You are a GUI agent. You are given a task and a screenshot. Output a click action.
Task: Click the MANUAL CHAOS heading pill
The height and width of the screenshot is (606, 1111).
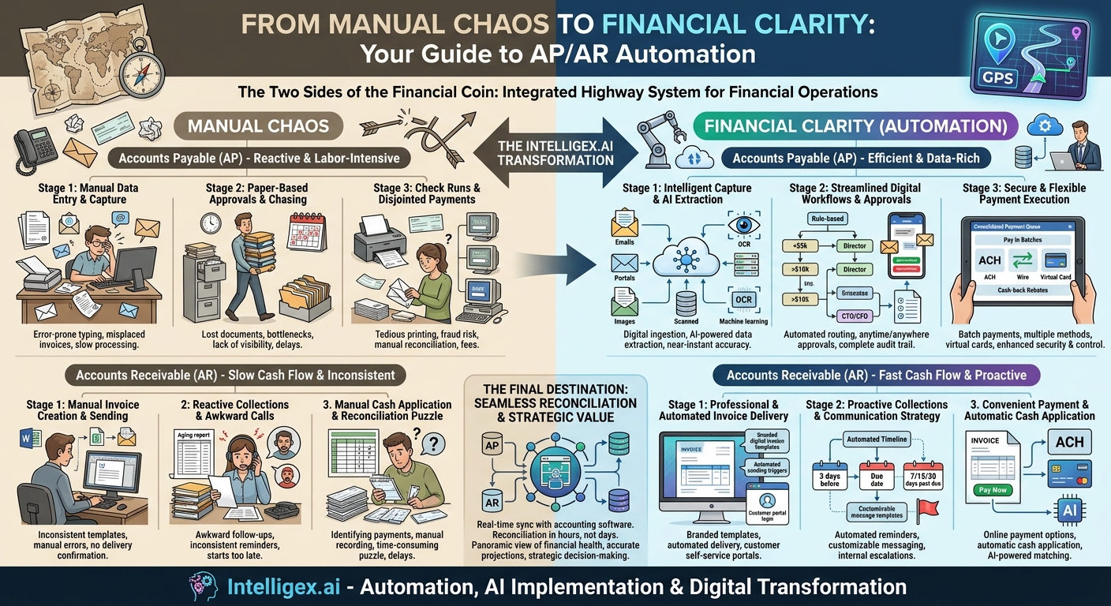(258, 126)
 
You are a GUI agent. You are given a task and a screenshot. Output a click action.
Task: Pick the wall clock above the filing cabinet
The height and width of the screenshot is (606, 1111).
(211, 223)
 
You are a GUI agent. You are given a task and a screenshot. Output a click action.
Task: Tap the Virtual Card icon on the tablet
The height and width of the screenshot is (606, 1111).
(1055, 263)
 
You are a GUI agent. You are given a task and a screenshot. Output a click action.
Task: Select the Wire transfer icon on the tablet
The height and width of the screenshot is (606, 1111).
(1022, 263)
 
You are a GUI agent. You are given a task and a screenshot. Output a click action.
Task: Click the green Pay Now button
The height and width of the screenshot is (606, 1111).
(993, 490)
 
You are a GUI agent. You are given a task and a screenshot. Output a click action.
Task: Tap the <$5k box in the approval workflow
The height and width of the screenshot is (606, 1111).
(800, 245)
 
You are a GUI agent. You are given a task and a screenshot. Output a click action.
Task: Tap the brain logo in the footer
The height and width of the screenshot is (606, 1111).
(204, 586)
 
